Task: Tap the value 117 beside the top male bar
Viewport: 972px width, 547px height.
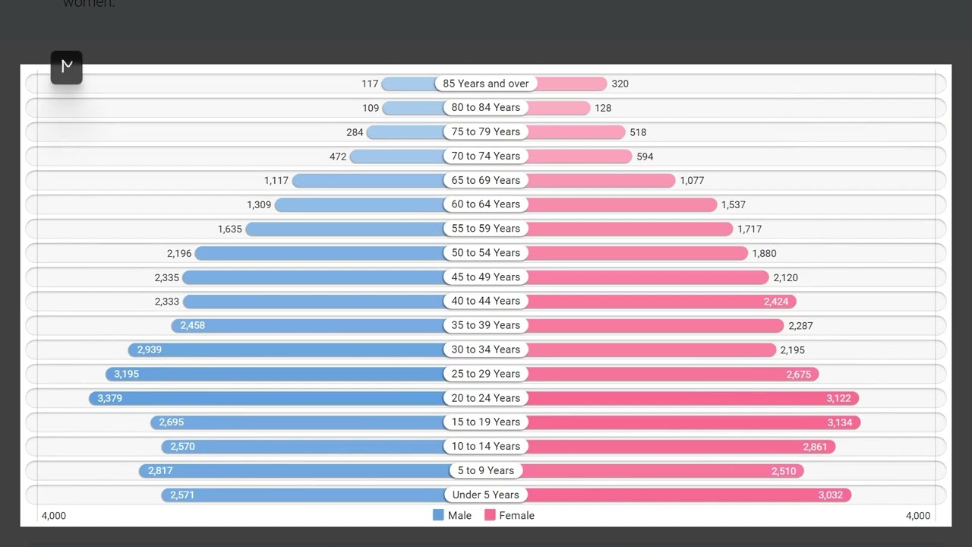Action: pyautogui.click(x=370, y=84)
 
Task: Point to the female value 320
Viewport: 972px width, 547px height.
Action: pyautogui.click(x=620, y=84)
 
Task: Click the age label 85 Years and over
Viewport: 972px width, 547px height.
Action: pyautogui.click(x=486, y=84)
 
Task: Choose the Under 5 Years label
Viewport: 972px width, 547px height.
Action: pyautogui.click(x=486, y=495)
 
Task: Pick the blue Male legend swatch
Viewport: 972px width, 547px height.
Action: pyautogui.click(x=438, y=515)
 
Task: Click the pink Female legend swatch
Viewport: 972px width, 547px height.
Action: pyautogui.click(x=490, y=515)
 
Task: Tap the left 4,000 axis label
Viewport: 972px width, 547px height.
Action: pyautogui.click(x=54, y=516)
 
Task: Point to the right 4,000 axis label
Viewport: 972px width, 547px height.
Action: pyautogui.click(x=917, y=516)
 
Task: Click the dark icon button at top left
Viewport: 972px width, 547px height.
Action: pyautogui.click(x=67, y=67)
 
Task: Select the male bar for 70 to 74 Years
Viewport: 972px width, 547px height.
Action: pyautogui.click(x=396, y=157)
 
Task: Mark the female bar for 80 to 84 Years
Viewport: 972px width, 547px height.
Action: pyautogui.click(x=559, y=108)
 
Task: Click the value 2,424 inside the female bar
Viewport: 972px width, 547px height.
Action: pyautogui.click(x=776, y=302)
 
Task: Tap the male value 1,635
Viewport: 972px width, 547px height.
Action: pyautogui.click(x=229, y=229)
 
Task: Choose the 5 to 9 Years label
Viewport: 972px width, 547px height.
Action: pyautogui.click(x=486, y=470)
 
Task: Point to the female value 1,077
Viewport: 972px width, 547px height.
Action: pyautogui.click(x=692, y=181)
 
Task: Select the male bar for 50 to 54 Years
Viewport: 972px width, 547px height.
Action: pyautogui.click(x=319, y=253)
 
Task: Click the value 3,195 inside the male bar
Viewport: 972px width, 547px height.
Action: pyautogui.click(x=127, y=374)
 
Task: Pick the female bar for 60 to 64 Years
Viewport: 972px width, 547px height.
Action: pyautogui.click(x=621, y=204)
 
